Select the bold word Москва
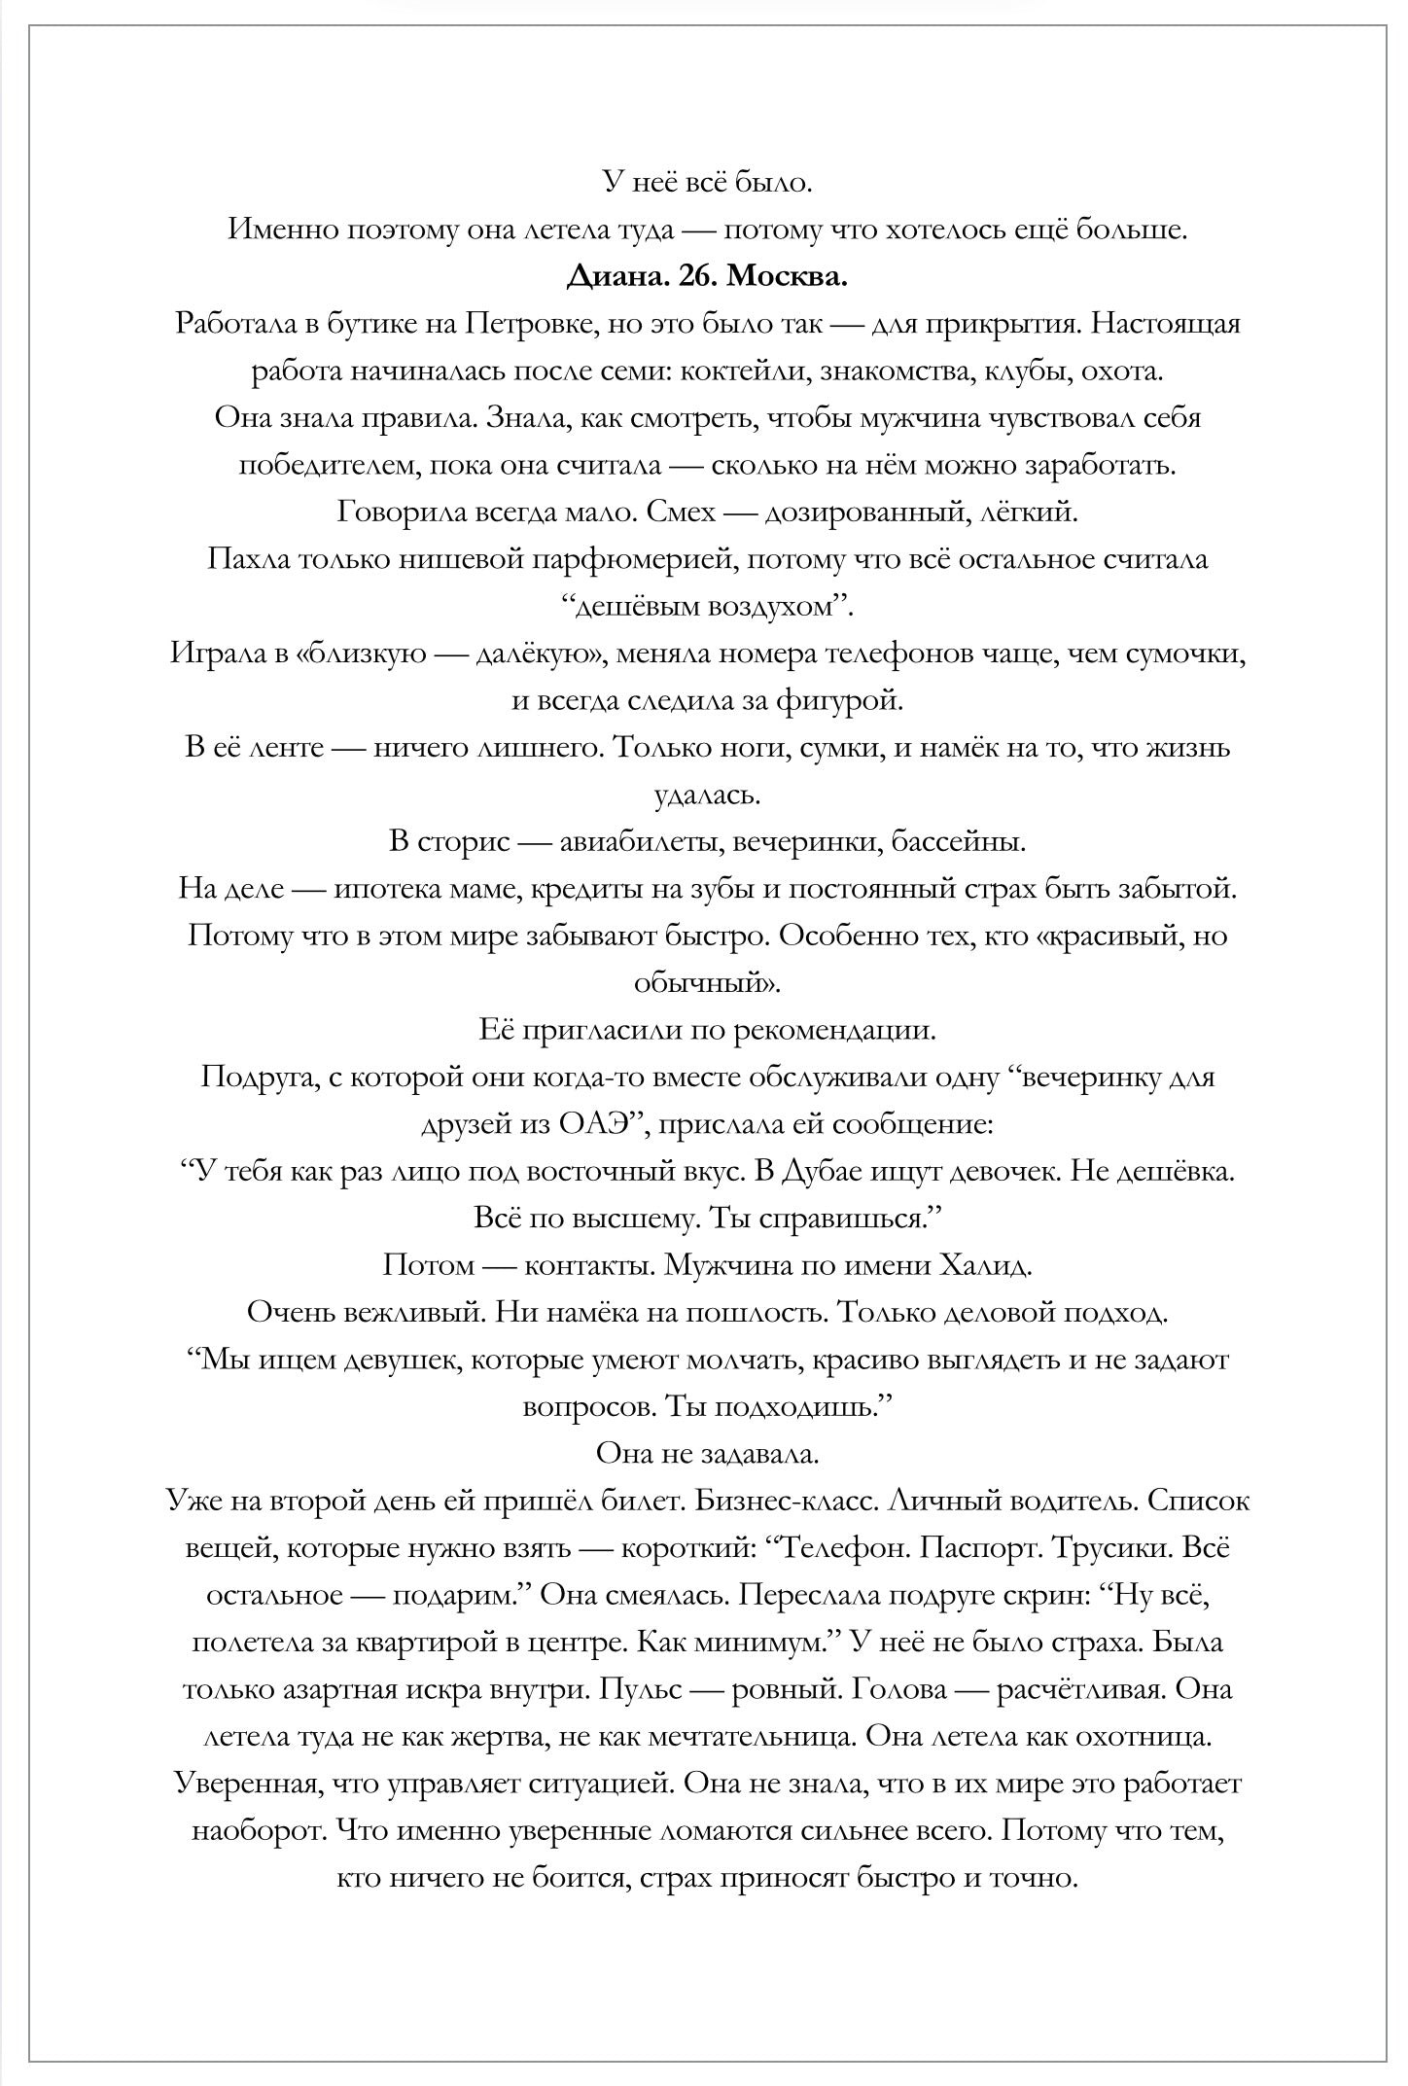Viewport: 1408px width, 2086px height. click(x=788, y=276)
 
